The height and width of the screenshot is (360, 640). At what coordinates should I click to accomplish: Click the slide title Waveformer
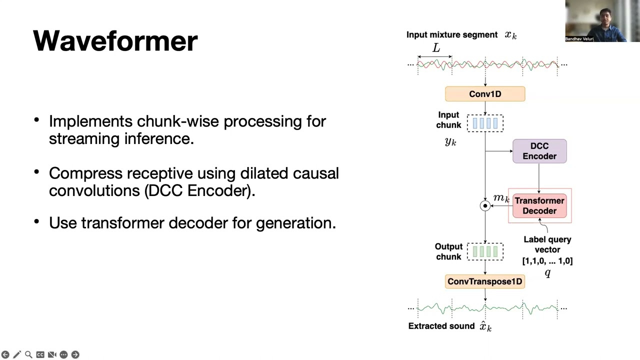(115, 41)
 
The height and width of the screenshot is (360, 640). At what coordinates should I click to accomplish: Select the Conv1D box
(485, 94)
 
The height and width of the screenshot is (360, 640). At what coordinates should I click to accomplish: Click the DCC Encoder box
(539, 151)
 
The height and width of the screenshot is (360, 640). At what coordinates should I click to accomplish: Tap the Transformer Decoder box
(539, 205)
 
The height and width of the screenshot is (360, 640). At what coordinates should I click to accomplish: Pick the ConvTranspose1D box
(485, 281)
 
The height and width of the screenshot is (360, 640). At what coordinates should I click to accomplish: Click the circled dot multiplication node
(485, 205)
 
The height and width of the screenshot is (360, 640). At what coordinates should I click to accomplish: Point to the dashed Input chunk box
(485, 122)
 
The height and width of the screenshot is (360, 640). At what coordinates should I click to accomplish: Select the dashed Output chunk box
(485, 251)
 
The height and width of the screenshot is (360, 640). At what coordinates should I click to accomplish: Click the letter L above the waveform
(436, 48)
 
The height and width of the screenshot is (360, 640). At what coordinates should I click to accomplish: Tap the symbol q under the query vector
(547, 272)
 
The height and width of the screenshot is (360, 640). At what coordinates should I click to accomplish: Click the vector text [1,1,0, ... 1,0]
(547, 260)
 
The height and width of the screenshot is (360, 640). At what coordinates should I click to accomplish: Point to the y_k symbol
(450, 141)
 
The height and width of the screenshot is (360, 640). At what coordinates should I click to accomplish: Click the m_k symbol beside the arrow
(501, 198)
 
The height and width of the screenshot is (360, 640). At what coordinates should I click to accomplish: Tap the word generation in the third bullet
(295, 222)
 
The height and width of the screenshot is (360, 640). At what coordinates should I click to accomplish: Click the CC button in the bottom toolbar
(40, 354)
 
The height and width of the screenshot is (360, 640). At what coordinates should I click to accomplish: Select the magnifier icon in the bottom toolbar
(28, 354)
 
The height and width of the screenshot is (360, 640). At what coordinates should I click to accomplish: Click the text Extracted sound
(441, 326)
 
